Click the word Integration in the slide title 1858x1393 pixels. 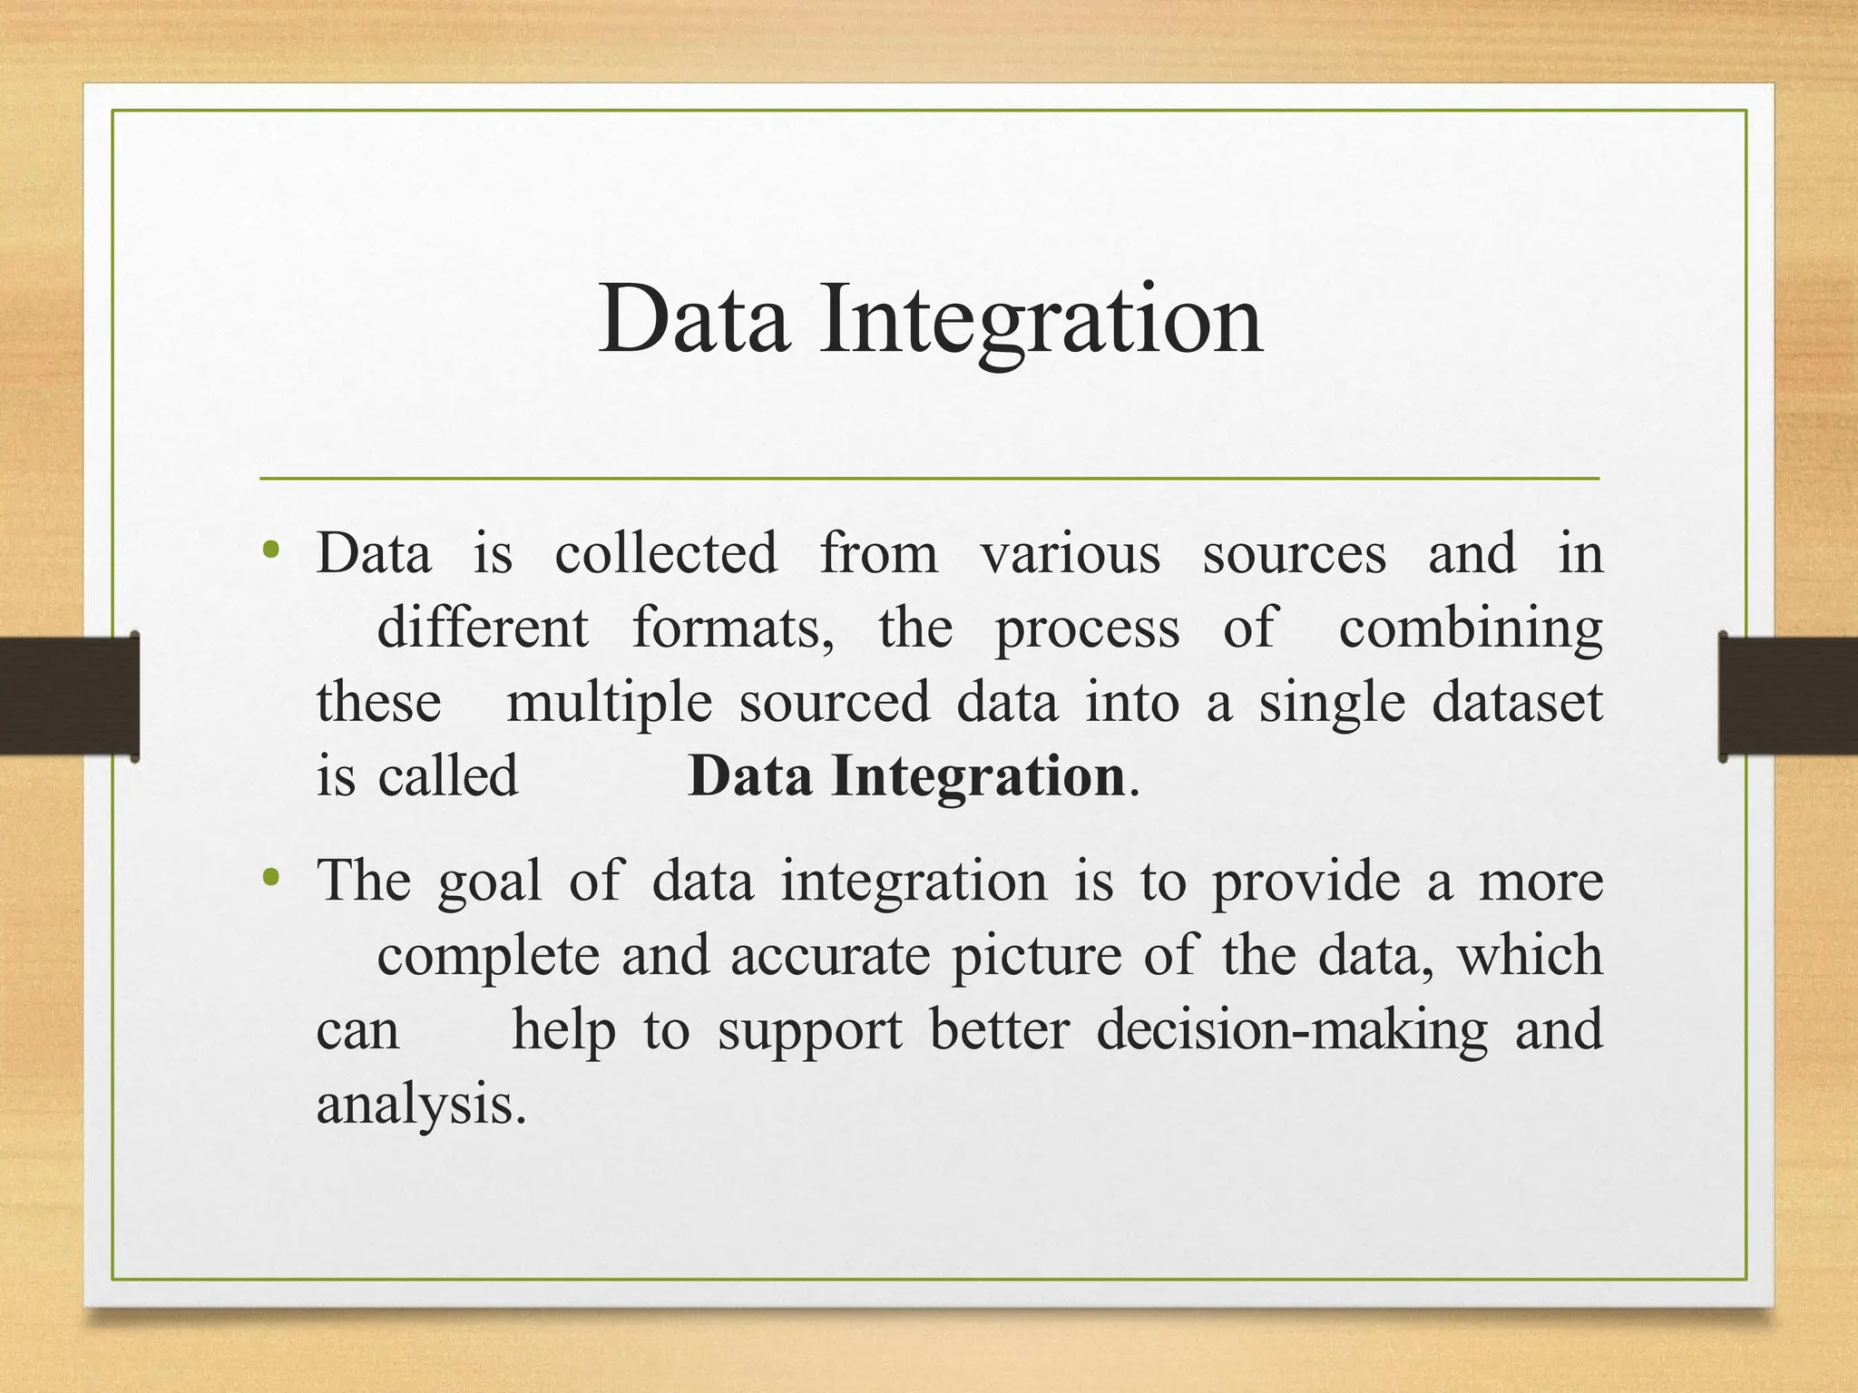(1041, 319)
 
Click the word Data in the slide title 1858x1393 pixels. (693, 319)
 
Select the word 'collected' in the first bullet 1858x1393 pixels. (666, 553)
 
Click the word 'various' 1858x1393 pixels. (1070, 553)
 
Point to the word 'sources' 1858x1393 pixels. (1294, 553)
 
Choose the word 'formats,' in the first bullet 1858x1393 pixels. (733, 628)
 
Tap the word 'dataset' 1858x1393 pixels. (1517, 702)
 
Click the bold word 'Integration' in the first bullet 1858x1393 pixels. (978, 778)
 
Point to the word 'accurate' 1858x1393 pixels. (830, 956)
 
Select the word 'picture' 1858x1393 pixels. (1036, 958)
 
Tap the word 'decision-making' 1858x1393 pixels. (1292, 1032)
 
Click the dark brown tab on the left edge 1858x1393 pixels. (68, 696)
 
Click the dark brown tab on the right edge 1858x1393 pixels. (1787, 696)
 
